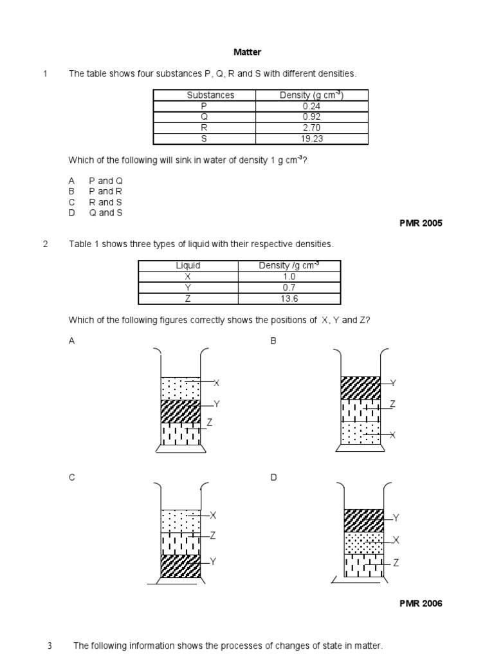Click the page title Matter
click(x=247, y=52)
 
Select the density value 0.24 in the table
click(x=311, y=106)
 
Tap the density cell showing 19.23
click(x=311, y=138)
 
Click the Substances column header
click(x=210, y=95)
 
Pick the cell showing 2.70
click(x=311, y=127)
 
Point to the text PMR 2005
click(x=421, y=223)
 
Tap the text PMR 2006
click(x=421, y=604)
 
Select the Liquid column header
click(x=188, y=265)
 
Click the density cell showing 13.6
click(x=289, y=299)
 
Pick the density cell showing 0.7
click(x=289, y=288)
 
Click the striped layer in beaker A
click(x=181, y=411)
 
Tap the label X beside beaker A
click(x=217, y=384)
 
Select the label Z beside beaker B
click(x=392, y=404)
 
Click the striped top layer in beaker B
click(x=360, y=387)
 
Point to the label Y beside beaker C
click(x=213, y=562)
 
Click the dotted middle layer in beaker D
click(x=363, y=543)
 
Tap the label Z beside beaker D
click(x=396, y=562)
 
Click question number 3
click(x=50, y=645)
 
